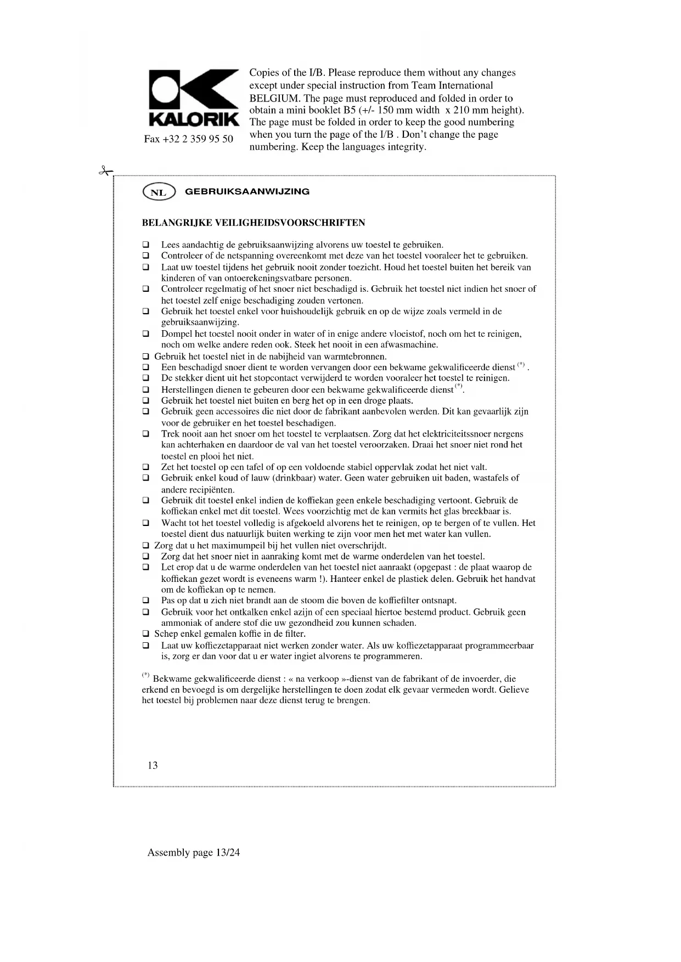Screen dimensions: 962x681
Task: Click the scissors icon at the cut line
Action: click(x=104, y=171)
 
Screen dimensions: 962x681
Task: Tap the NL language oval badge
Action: click(x=159, y=192)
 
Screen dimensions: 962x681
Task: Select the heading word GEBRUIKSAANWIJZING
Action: click(x=247, y=192)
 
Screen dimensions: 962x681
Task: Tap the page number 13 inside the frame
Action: click(x=153, y=765)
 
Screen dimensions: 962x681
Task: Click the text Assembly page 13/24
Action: click(x=194, y=852)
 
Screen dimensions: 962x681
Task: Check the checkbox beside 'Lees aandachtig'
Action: click(x=146, y=245)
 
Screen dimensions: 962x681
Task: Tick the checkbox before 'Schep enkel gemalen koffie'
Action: click(x=146, y=634)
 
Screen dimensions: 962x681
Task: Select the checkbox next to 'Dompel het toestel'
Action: click(x=146, y=333)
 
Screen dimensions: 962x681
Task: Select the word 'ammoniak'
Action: click(x=181, y=623)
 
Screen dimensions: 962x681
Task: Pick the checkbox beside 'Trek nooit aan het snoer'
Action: click(x=146, y=434)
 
